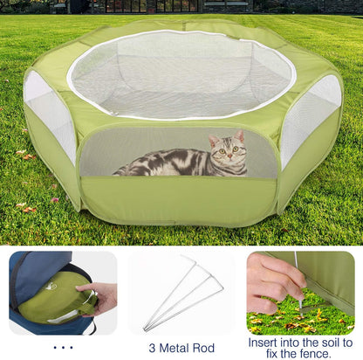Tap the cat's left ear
213,139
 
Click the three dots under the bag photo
62,347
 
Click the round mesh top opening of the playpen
181,73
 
